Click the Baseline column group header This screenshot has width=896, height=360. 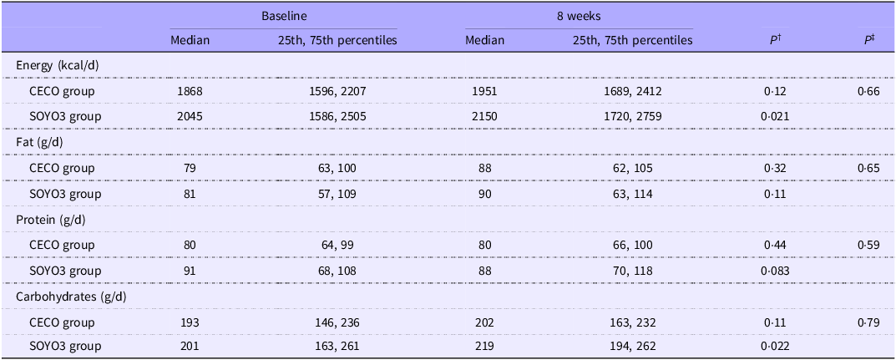(x=283, y=18)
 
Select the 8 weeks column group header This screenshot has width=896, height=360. (x=579, y=18)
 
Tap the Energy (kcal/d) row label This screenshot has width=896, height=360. (x=57, y=65)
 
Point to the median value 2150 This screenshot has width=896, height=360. (x=485, y=117)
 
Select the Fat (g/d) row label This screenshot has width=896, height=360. (x=41, y=143)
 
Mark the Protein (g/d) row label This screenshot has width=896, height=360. (x=48, y=220)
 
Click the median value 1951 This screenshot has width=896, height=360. (x=485, y=90)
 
